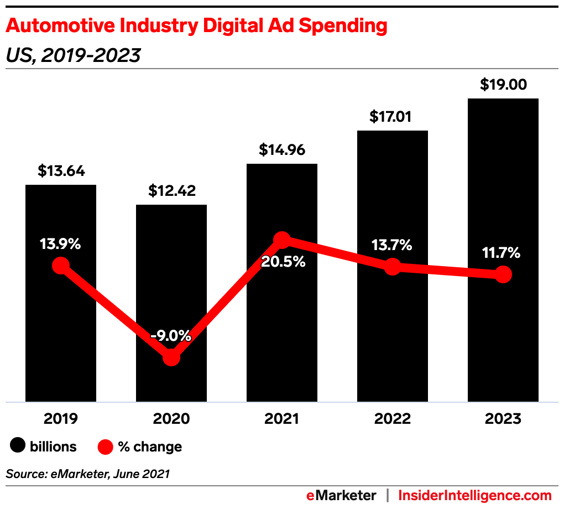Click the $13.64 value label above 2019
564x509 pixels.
coord(61,171)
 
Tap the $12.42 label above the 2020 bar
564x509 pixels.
coord(171,191)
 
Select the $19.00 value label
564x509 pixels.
coord(503,85)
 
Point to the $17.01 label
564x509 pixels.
coord(393,117)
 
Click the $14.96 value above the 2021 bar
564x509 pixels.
coord(282,150)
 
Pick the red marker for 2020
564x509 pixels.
coord(171,357)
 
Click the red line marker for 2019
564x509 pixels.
coord(61,266)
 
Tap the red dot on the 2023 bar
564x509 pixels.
coord(503,274)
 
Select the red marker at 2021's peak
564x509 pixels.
coord(282,240)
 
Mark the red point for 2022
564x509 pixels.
coord(393,266)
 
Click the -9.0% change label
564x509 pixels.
coord(171,335)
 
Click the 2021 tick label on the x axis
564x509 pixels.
coord(282,419)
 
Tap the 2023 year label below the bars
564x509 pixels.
coord(503,419)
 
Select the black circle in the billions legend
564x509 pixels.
coord(18,446)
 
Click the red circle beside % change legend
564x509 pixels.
coord(105,446)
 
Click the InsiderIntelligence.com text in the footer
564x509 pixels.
coord(475,495)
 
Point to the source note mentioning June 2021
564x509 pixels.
coord(88,474)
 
